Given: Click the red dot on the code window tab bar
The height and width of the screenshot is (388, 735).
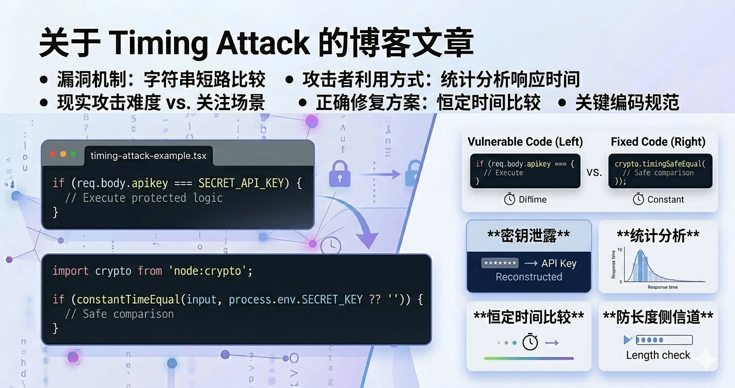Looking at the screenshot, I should (x=53, y=154).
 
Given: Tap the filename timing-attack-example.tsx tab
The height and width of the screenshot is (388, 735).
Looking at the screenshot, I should (x=148, y=156).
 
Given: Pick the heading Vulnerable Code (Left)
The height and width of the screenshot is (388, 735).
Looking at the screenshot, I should (x=525, y=142).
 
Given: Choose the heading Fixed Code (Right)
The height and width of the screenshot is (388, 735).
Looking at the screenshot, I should (x=658, y=142).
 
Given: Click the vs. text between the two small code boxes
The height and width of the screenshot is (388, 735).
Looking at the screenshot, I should (x=594, y=172).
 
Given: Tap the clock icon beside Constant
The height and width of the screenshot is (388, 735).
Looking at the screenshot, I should (x=638, y=199).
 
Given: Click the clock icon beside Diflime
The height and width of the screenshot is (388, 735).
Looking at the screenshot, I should (x=509, y=199).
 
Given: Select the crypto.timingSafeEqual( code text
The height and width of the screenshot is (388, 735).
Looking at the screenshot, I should (x=660, y=164).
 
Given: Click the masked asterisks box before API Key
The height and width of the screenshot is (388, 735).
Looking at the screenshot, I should (x=500, y=263).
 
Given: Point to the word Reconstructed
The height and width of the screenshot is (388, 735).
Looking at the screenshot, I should (x=529, y=277).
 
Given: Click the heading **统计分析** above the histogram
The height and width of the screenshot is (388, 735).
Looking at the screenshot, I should (x=658, y=235).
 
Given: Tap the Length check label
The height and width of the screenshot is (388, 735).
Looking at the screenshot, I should (x=658, y=355).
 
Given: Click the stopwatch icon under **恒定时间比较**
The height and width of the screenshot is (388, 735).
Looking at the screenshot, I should (x=530, y=342).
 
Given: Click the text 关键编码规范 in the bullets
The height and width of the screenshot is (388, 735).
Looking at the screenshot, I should (x=627, y=103).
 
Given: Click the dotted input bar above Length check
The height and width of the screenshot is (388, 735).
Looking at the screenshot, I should (x=664, y=340).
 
